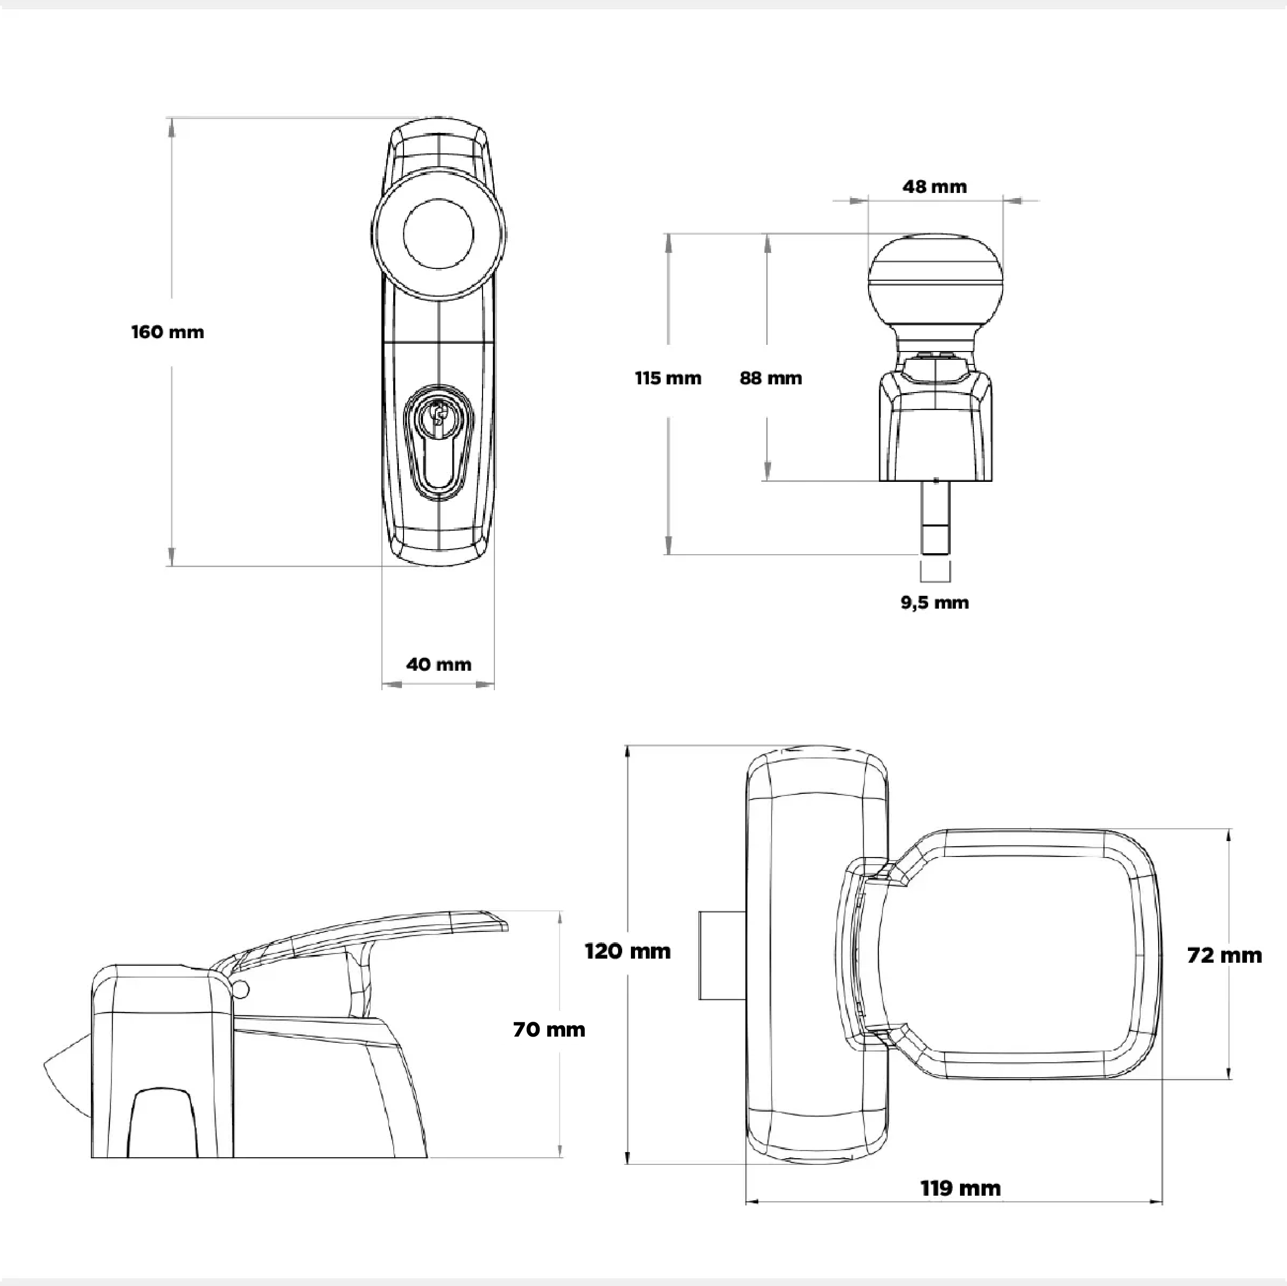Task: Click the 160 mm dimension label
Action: point(167,332)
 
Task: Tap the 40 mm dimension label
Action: point(438,664)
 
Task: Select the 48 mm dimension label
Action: point(935,186)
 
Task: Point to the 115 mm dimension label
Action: point(667,378)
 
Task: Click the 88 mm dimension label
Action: point(771,378)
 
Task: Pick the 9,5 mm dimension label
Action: point(935,602)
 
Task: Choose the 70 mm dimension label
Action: point(549,1029)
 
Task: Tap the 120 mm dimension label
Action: point(627,951)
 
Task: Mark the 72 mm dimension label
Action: point(1224,956)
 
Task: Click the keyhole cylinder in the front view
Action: point(438,440)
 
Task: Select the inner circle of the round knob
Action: point(438,234)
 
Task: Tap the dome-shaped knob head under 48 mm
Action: point(935,280)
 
